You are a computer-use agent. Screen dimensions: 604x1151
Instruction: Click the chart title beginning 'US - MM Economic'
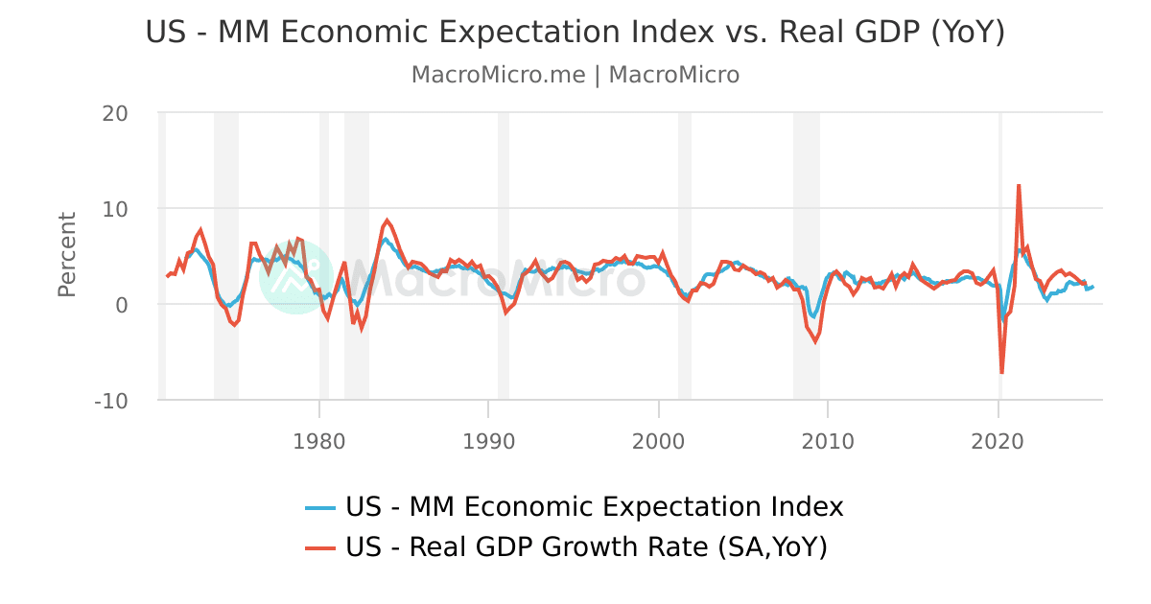tap(575, 32)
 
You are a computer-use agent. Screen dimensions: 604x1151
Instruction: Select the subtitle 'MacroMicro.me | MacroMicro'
tap(575, 75)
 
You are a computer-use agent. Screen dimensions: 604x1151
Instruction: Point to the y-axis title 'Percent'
tap(66, 255)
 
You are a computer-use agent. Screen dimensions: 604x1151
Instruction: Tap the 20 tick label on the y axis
tap(115, 113)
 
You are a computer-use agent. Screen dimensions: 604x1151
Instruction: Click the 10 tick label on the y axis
tap(115, 209)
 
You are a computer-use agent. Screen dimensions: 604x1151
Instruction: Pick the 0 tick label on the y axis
tap(122, 305)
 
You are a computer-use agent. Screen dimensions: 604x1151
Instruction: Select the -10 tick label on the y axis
tap(111, 401)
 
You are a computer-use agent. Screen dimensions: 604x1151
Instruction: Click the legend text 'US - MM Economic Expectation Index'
tap(595, 506)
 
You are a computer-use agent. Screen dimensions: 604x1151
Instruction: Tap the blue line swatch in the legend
tap(320, 507)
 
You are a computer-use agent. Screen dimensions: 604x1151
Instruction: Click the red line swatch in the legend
tap(320, 547)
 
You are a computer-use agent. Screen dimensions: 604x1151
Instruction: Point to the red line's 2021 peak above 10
tap(1019, 185)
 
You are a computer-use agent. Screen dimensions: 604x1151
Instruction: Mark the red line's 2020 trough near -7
tap(1001, 372)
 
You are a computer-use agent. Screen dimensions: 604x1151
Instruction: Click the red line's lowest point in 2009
tap(815, 341)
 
